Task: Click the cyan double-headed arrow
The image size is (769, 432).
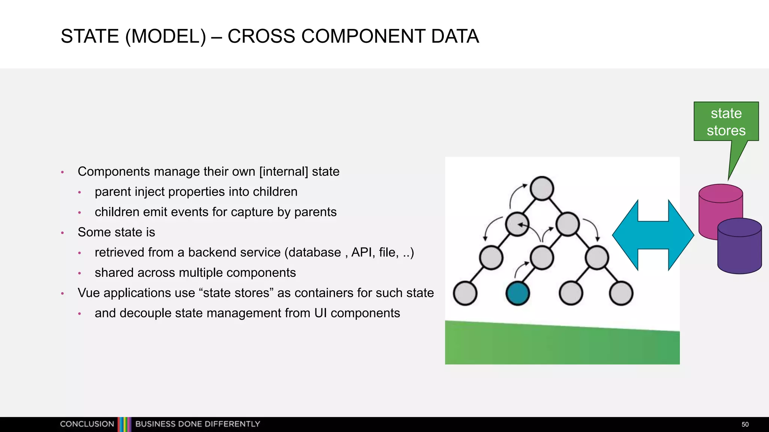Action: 653,235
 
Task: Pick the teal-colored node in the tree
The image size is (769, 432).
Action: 518,293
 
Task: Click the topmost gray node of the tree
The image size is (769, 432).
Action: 542,188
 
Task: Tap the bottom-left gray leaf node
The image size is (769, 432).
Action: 465,293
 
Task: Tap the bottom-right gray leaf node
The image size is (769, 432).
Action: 621,293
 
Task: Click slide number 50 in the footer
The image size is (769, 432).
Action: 745,424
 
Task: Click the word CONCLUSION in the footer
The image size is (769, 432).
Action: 87,424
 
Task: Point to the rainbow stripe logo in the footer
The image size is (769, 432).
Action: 124,424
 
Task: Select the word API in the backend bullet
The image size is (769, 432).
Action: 362,252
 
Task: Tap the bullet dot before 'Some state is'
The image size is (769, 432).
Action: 63,233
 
